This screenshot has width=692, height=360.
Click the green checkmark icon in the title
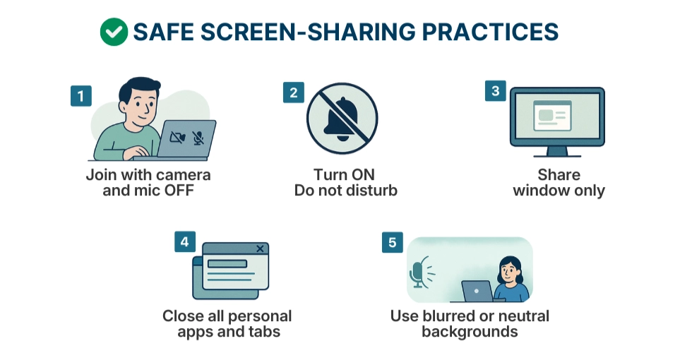(x=114, y=32)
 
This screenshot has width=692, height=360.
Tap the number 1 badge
(x=80, y=96)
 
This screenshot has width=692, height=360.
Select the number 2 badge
(x=294, y=92)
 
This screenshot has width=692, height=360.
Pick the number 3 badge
(x=495, y=91)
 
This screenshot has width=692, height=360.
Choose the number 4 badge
(x=185, y=241)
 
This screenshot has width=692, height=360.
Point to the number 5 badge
(x=393, y=242)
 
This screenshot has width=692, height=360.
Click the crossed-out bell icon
(x=342, y=119)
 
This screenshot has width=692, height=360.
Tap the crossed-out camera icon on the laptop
(x=177, y=138)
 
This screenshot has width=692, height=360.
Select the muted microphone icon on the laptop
(x=198, y=138)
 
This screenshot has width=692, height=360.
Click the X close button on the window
(x=260, y=248)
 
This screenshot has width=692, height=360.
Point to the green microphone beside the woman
(x=417, y=274)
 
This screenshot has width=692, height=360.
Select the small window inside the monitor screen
(x=552, y=116)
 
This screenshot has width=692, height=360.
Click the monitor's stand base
(x=557, y=154)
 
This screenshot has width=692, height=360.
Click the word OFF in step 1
(x=179, y=191)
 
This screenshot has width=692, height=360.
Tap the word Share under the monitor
(x=559, y=175)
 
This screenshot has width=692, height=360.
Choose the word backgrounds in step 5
(x=470, y=332)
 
